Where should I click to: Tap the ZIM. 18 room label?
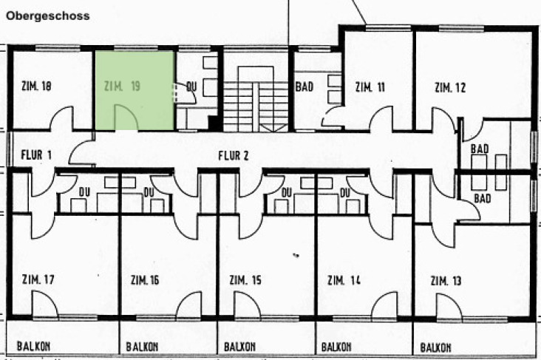click(x=33, y=86)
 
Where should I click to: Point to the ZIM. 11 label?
click(x=370, y=86)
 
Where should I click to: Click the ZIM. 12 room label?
click(x=450, y=88)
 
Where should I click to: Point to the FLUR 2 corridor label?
click(x=234, y=155)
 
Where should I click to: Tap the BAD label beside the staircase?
click(x=304, y=86)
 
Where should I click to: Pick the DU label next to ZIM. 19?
click(x=191, y=86)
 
